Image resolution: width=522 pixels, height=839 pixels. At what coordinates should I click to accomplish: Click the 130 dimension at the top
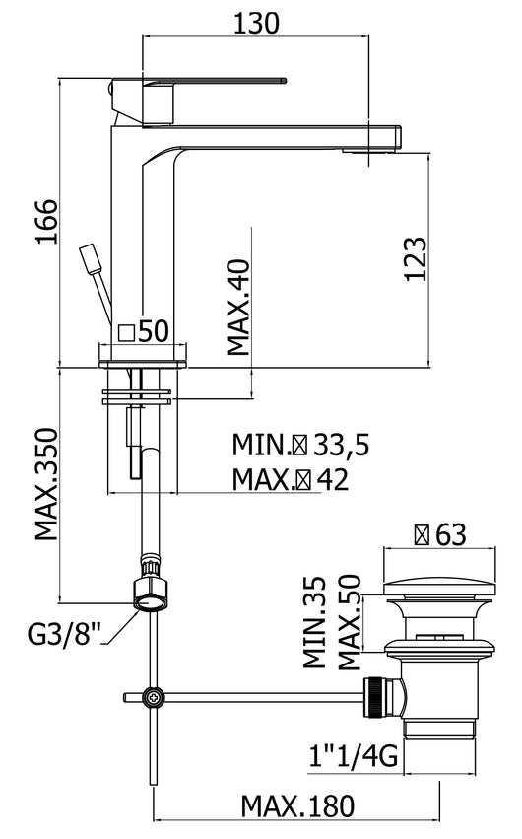click(258, 21)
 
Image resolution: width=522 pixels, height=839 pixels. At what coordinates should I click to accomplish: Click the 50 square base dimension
click(144, 332)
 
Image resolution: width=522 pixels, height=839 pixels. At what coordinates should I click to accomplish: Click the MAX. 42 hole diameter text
click(291, 479)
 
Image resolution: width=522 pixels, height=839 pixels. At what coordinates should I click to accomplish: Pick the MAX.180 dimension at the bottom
click(294, 806)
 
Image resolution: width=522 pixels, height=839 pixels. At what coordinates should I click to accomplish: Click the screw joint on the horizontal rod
click(153, 698)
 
